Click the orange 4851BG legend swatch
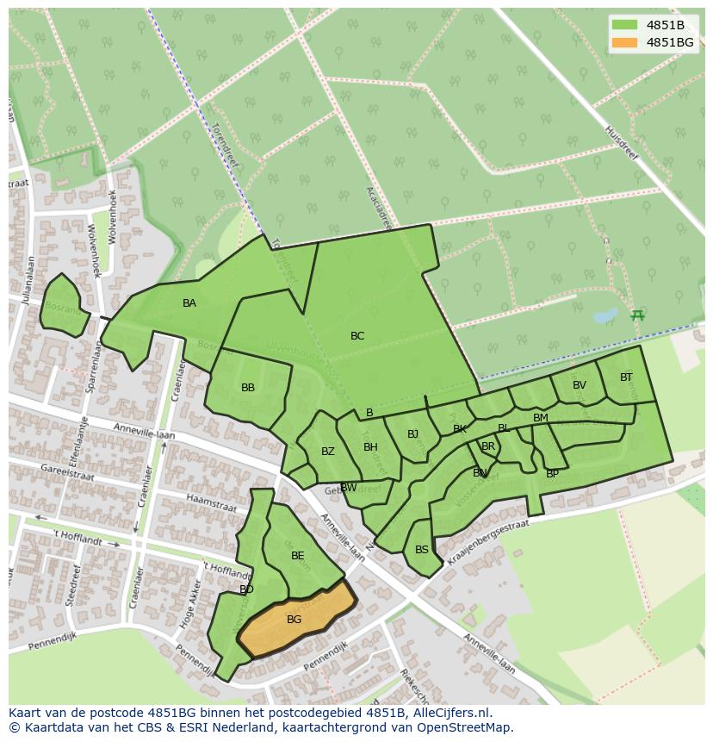[x=625, y=42]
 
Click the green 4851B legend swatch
[x=625, y=25]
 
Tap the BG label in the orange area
[x=294, y=620]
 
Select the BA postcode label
[x=189, y=303]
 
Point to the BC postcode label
[x=357, y=336]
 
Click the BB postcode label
[x=248, y=388]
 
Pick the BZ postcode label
[x=328, y=452]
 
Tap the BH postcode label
[x=370, y=447]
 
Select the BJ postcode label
[x=412, y=434]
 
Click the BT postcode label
[x=626, y=377]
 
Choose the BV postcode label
[x=580, y=385]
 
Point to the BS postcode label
[x=422, y=550]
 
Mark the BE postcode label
[x=298, y=556]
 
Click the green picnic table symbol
[x=637, y=315]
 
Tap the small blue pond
[x=605, y=315]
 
